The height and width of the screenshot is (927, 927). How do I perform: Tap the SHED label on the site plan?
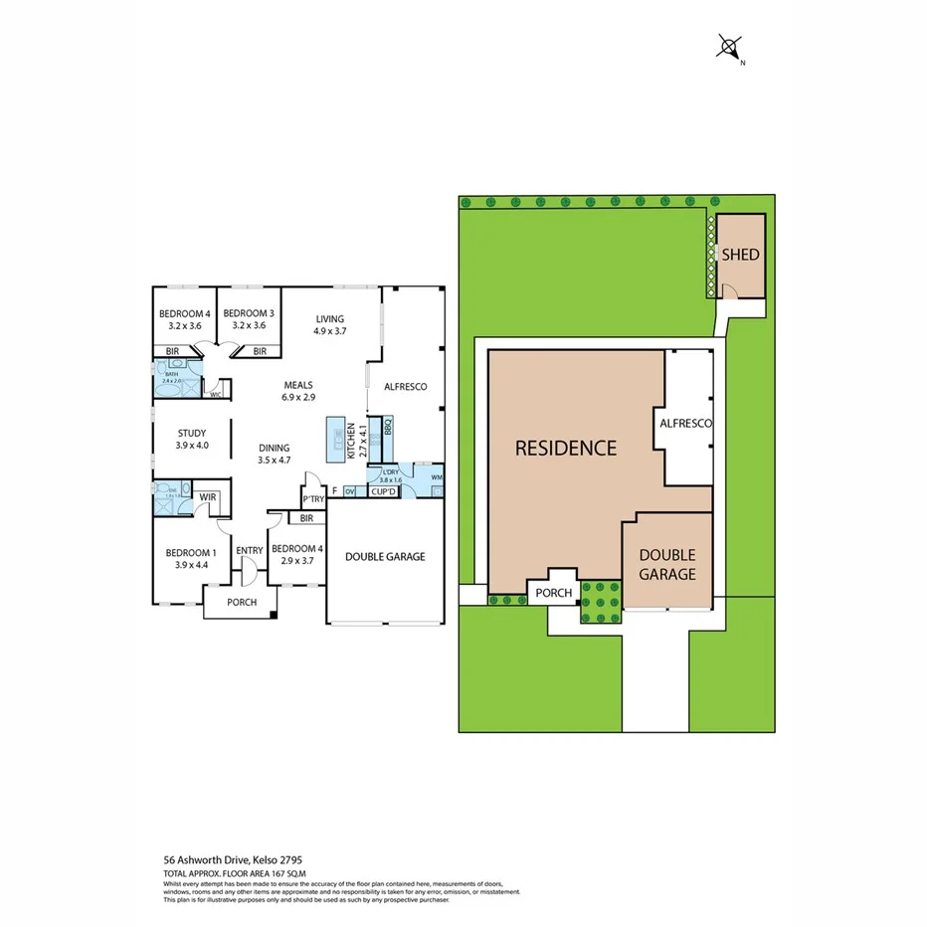[740, 255]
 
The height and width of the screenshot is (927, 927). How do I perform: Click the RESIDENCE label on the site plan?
[565, 448]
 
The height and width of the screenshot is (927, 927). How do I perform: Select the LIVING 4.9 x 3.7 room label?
[329, 325]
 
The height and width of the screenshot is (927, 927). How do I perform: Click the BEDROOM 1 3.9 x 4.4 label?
[190, 558]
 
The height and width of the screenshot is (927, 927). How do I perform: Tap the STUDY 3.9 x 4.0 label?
[192, 439]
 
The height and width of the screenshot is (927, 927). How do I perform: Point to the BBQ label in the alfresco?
[388, 430]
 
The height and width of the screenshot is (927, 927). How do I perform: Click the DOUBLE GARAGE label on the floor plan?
[385, 556]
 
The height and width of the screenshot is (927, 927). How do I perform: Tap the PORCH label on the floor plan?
[242, 602]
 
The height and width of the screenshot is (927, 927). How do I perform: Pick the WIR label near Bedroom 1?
[208, 496]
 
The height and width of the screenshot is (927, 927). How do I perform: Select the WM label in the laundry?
[438, 479]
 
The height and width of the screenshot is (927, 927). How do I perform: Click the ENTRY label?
[249, 550]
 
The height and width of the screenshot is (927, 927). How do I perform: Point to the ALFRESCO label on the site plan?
[686, 424]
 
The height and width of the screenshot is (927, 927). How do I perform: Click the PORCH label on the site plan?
[554, 593]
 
